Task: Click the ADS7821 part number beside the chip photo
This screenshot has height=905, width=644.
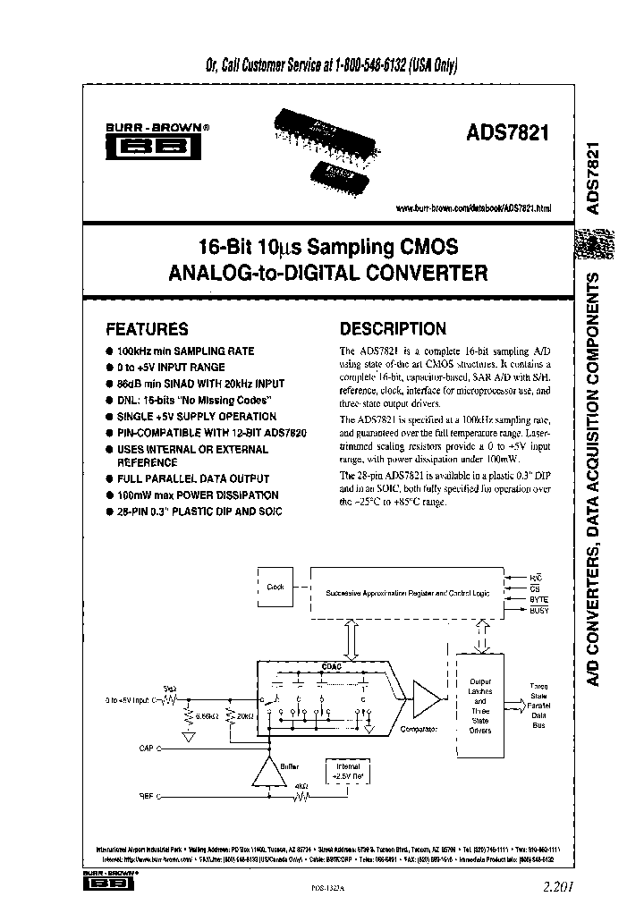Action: click(506, 133)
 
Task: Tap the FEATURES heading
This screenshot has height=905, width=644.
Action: click(147, 329)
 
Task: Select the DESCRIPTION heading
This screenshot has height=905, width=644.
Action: click(393, 329)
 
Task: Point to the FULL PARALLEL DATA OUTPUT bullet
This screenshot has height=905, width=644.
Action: click(193, 478)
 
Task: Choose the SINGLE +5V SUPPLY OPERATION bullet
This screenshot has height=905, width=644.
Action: click(196, 416)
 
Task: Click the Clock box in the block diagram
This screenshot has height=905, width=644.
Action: click(275, 587)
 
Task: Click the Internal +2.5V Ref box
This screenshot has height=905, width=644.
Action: click(349, 772)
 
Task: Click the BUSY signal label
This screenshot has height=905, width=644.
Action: click(539, 610)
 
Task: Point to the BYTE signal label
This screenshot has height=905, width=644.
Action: click(539, 599)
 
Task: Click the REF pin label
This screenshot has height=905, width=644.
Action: click(148, 794)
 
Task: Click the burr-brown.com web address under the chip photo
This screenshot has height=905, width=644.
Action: click(473, 207)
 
